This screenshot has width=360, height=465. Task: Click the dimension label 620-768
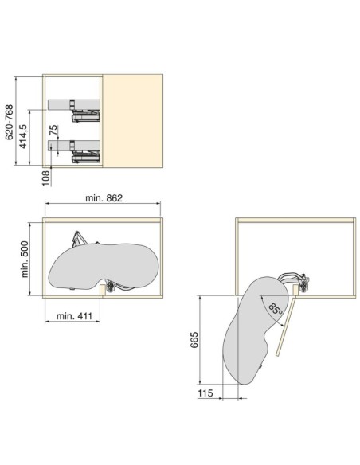click(x=10, y=122)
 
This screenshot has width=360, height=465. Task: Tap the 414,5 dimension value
click(x=23, y=136)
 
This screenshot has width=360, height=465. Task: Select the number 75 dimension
click(x=53, y=130)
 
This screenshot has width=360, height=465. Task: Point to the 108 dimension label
click(x=45, y=178)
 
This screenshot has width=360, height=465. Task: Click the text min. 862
click(x=104, y=197)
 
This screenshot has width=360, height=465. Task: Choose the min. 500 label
click(x=25, y=260)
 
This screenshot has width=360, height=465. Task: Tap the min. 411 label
click(x=74, y=316)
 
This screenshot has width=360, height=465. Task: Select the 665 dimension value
click(x=194, y=340)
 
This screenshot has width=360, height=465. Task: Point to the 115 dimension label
click(x=205, y=393)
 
